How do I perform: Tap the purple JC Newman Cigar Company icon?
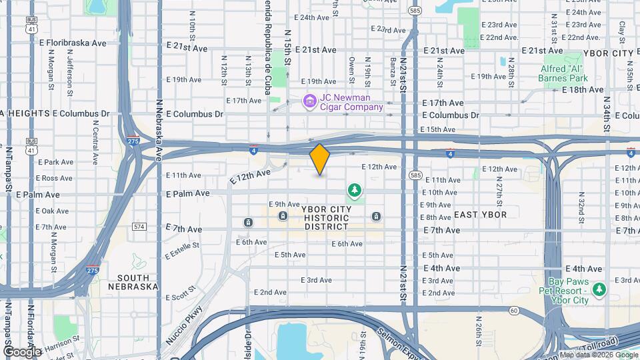click(x=309, y=101)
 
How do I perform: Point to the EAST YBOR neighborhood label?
click(x=480, y=215)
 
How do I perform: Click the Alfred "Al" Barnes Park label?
click(x=572, y=72)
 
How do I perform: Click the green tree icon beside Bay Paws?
click(x=600, y=289)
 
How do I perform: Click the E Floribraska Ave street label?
click(x=68, y=43)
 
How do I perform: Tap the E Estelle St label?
click(x=182, y=250)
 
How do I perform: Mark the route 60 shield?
click(x=514, y=310)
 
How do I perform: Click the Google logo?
click(x=21, y=351)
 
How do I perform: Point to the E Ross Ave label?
click(x=55, y=179)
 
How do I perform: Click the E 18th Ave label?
click(x=582, y=89)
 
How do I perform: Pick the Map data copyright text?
click(x=597, y=355)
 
